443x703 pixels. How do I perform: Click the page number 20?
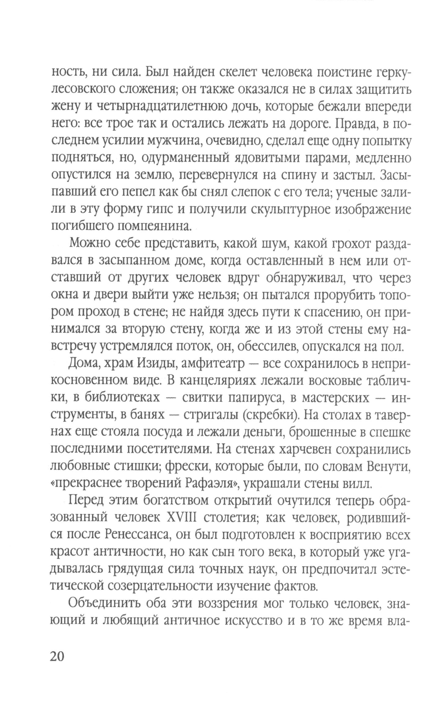click(58, 655)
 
